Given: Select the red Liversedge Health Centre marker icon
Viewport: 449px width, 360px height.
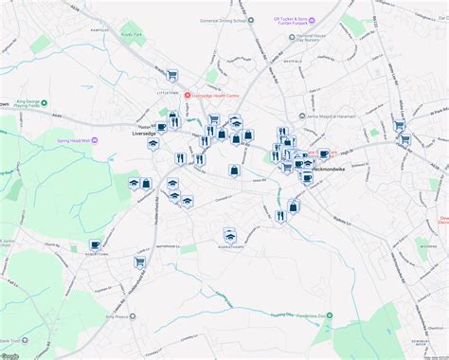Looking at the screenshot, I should pyautogui.click(x=188, y=94).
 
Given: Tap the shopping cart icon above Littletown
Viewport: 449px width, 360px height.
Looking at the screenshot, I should pyautogui.click(x=171, y=75).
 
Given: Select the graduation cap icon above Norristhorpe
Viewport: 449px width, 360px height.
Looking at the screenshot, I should pyautogui.click(x=228, y=233).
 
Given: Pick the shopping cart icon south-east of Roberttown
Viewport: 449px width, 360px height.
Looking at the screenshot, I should pyautogui.click(x=138, y=262).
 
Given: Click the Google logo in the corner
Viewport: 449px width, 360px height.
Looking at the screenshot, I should pyautogui.click(x=11, y=354).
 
